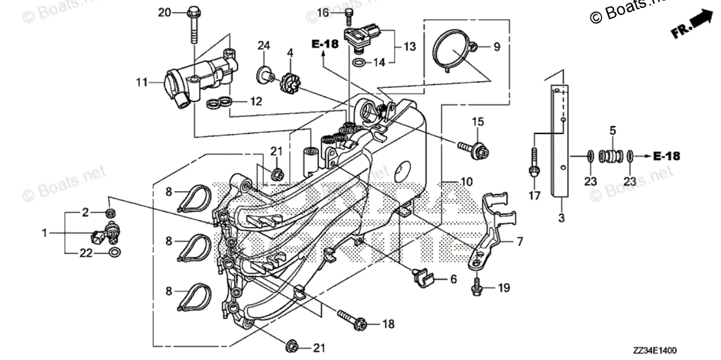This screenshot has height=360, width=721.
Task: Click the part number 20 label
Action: pyautogui.click(x=165, y=13)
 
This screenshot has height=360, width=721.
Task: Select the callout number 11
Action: pyautogui.click(x=141, y=82)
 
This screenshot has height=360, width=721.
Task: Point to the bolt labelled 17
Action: pyautogui.click(x=534, y=165)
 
